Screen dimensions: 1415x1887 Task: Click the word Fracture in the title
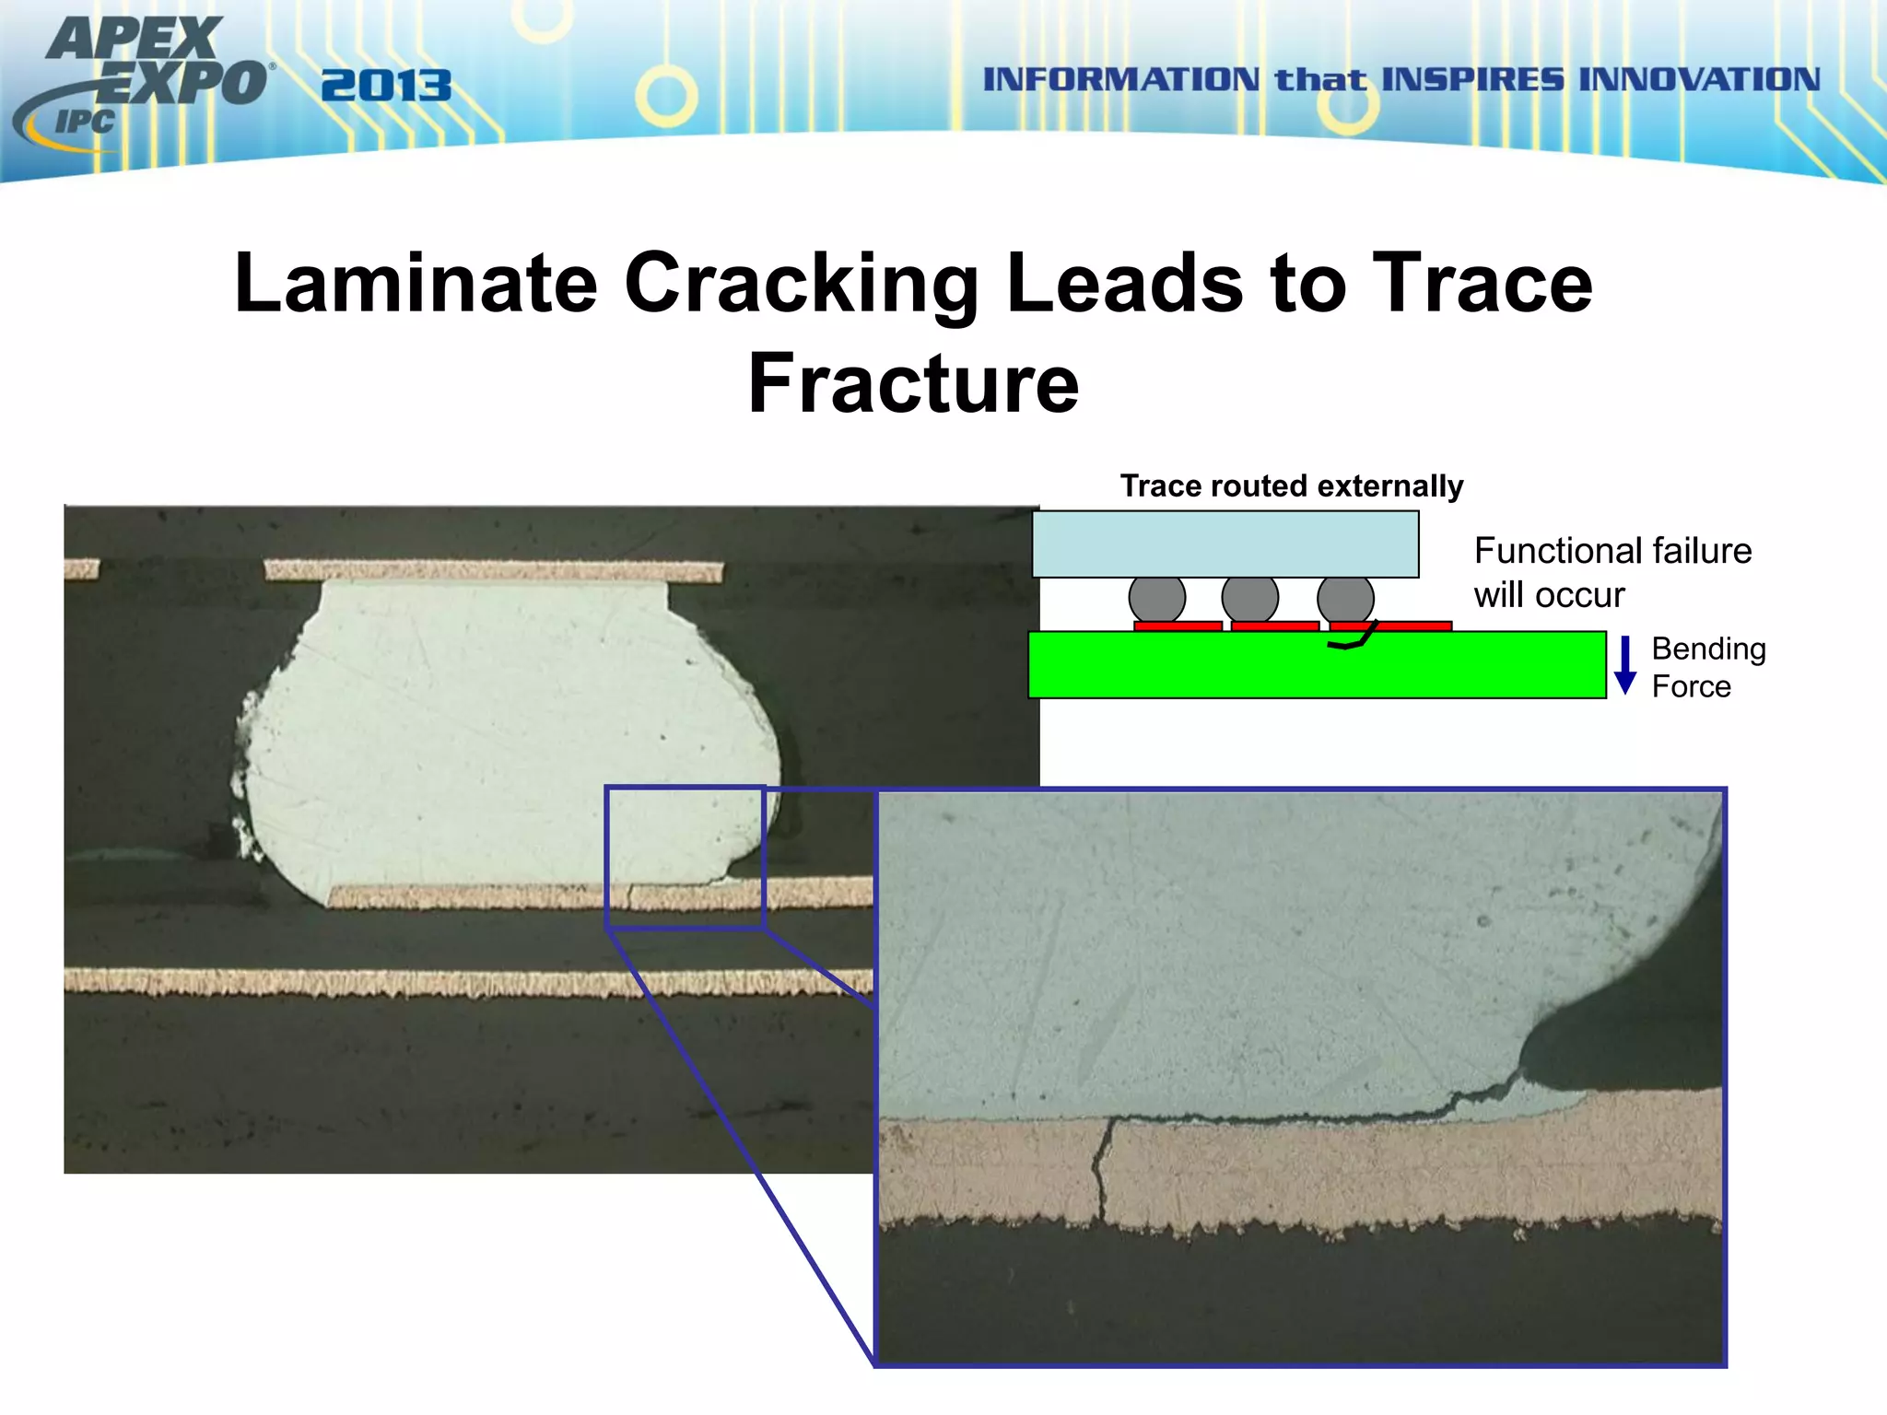[x=913, y=383]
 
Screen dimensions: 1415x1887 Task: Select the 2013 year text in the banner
[x=386, y=87]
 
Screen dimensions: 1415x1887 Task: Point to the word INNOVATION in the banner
[x=1699, y=79]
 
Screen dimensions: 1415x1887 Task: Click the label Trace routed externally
[x=1291, y=485]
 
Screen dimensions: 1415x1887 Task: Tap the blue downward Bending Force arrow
[x=1625, y=665]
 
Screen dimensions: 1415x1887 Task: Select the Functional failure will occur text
[x=1612, y=572]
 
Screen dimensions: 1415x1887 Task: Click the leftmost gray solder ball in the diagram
[x=1156, y=599]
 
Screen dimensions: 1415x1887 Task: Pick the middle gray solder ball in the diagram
[x=1249, y=599]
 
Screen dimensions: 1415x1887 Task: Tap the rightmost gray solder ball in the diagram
[x=1345, y=599]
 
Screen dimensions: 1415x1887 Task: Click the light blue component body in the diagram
[x=1225, y=544]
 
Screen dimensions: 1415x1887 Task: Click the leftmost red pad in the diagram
[x=1178, y=626]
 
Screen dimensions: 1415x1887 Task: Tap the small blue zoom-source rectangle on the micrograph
[x=685, y=857]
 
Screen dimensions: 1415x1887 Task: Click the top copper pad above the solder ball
[x=493, y=571]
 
